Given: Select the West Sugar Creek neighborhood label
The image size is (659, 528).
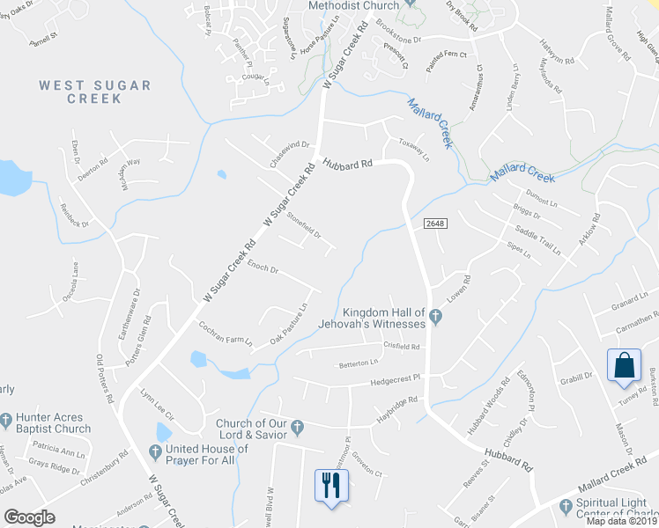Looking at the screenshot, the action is pos(95,92).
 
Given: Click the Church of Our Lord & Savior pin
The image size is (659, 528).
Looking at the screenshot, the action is pos(298,429).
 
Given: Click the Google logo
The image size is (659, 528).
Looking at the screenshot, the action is pos(29,517).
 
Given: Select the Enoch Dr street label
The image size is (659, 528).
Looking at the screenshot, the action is pos(263,267).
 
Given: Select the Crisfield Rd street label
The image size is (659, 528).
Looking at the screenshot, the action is pos(401,347).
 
